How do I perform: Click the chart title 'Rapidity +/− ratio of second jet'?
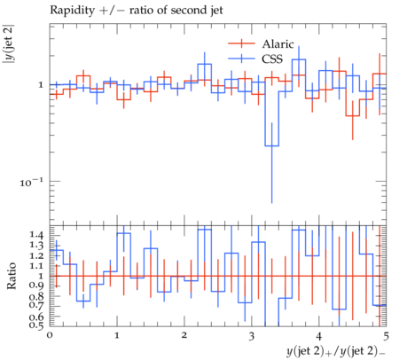(137, 11)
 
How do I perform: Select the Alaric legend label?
(278, 44)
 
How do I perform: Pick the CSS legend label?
(272, 59)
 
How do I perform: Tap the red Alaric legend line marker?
(241, 43)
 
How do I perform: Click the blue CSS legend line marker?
(241, 59)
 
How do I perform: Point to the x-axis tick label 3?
(252, 336)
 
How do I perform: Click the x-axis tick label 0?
(50, 336)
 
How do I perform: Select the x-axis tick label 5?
(386, 336)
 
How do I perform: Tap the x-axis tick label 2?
(184, 336)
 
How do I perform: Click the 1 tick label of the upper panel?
(41, 85)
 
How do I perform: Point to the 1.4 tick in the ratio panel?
(36, 236)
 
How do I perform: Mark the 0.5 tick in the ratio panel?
(36, 325)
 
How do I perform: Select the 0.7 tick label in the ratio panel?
(36, 304)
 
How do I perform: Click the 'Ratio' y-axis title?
(12, 276)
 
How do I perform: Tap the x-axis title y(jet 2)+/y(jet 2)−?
(336, 351)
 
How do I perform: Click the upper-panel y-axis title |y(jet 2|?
(8, 45)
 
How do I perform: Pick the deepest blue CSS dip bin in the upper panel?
(271, 145)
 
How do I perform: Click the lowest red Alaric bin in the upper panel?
(352, 116)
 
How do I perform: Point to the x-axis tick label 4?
(318, 336)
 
